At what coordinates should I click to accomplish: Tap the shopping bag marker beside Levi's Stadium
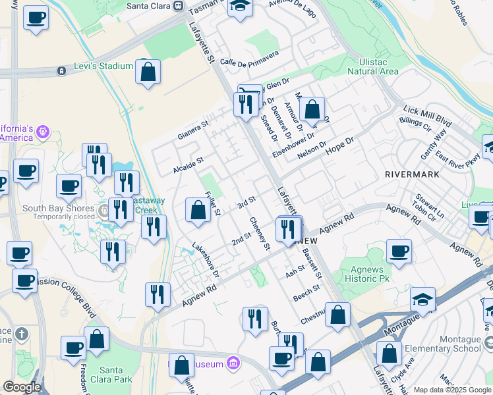click(x=148, y=72)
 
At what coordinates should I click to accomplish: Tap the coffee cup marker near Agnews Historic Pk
click(x=399, y=251)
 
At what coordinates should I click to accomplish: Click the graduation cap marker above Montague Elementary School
click(x=422, y=299)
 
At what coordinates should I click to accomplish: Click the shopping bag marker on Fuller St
click(x=198, y=210)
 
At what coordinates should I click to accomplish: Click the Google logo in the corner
click(x=22, y=387)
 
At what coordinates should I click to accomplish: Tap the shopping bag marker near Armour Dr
click(x=314, y=109)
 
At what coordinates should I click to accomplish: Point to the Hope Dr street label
click(x=341, y=142)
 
